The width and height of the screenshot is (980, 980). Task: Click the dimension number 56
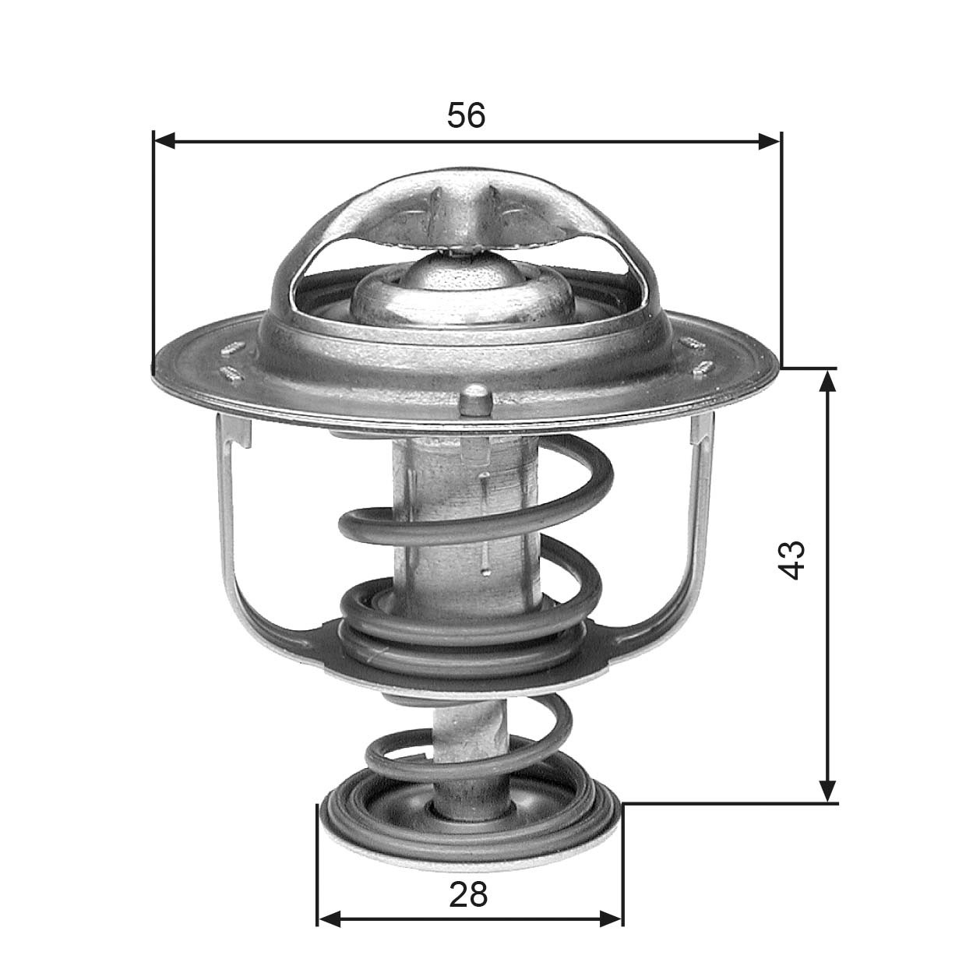pos(466,115)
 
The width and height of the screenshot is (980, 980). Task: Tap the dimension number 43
pos(791,559)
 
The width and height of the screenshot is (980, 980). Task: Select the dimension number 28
pos(467,894)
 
